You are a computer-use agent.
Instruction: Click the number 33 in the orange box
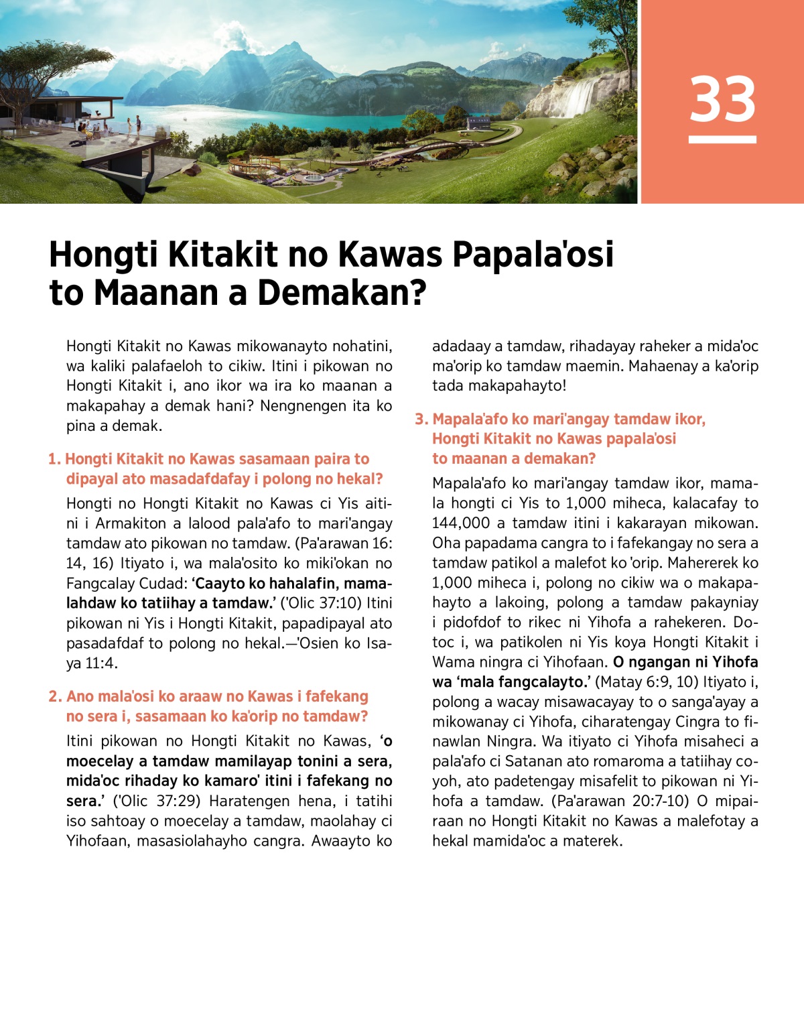coord(722,99)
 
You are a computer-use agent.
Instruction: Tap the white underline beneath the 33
coord(722,139)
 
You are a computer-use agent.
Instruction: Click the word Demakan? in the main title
coord(342,293)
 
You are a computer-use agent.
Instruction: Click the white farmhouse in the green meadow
coord(478,123)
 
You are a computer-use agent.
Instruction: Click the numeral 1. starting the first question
coord(54,459)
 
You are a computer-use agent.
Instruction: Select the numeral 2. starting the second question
coord(55,697)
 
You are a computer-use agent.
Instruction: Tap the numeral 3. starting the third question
coord(421,419)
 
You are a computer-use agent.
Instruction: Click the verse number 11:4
coord(101,663)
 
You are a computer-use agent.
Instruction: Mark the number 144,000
coord(461,523)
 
